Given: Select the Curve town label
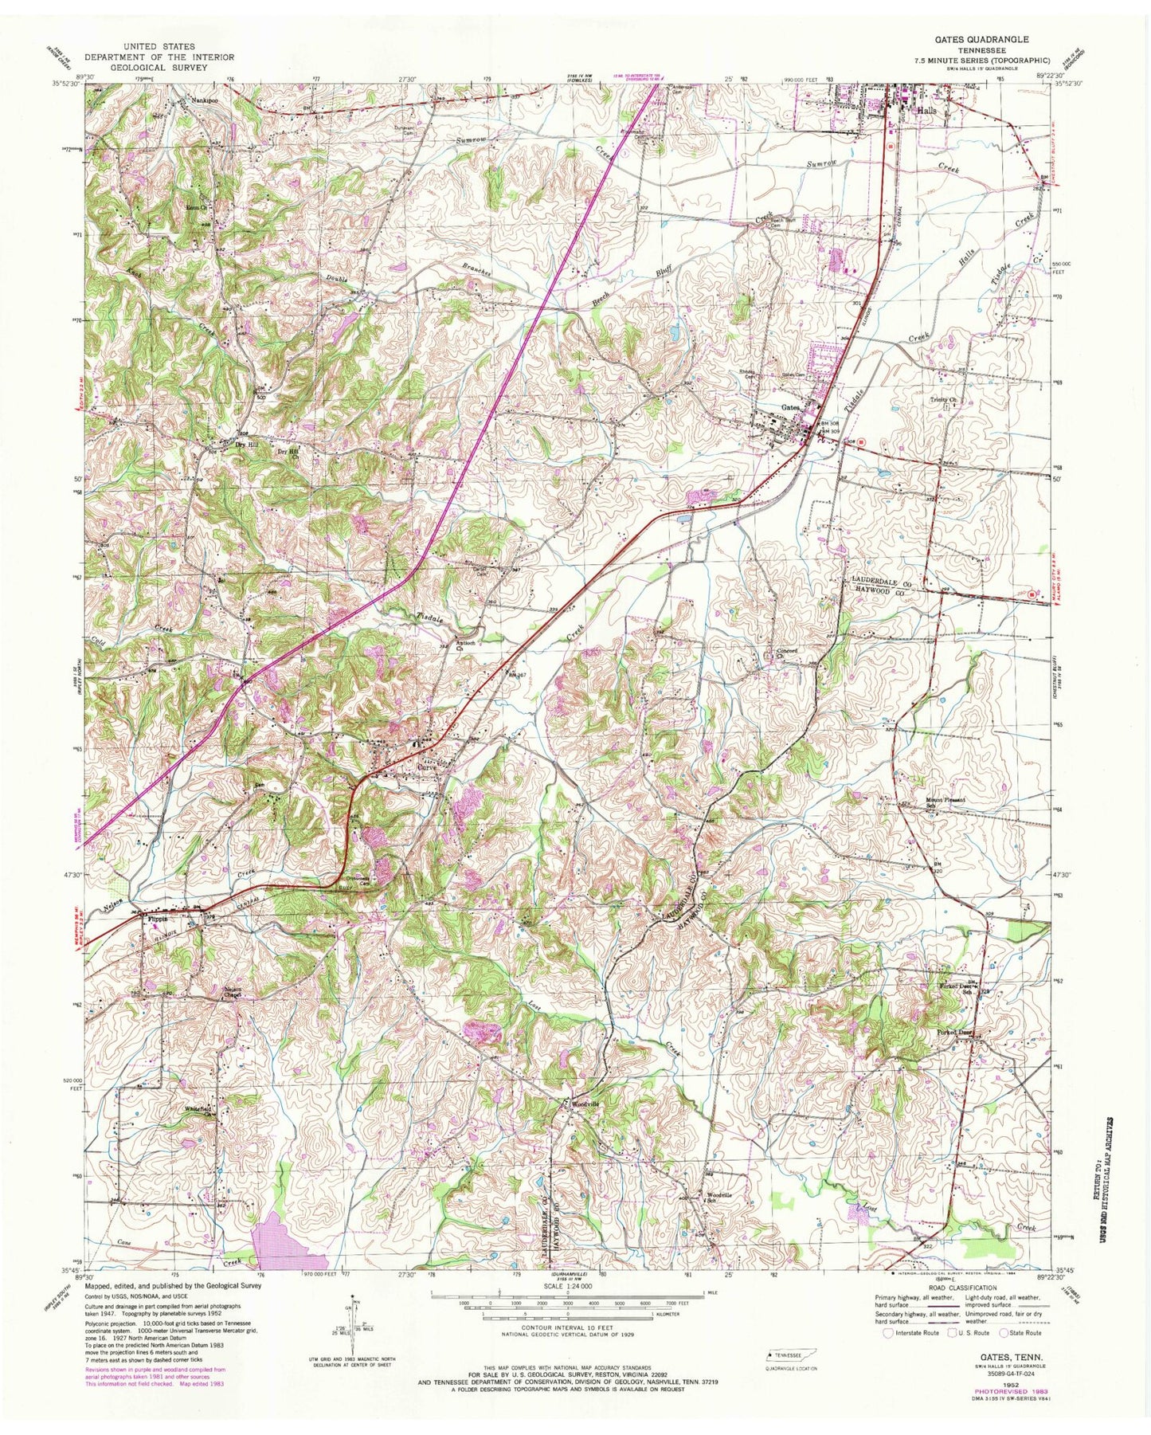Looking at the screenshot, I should [429, 769].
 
